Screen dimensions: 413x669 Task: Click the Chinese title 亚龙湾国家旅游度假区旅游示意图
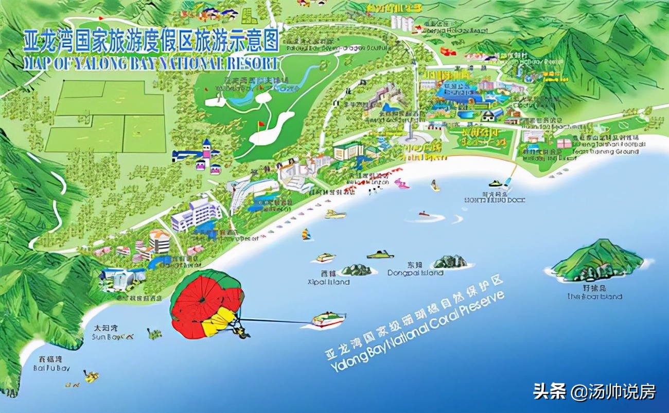[x=151, y=40]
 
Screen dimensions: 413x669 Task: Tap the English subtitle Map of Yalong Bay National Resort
[x=151, y=63]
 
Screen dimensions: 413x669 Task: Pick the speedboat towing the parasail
[x=328, y=320]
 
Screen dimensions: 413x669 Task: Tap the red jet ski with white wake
[x=424, y=213]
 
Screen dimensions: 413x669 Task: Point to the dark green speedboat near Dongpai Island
[x=380, y=254]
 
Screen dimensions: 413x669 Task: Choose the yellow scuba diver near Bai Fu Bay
[x=92, y=376]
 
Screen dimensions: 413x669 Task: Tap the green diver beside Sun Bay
[x=152, y=334]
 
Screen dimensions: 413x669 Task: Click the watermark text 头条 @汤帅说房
[x=594, y=392]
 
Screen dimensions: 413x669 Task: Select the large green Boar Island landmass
[x=597, y=261]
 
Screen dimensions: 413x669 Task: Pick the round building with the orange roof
[x=160, y=239]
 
